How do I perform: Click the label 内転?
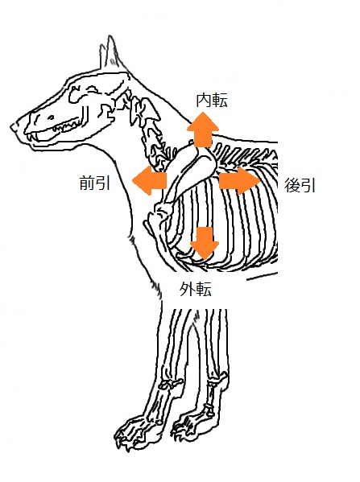[x=212, y=100]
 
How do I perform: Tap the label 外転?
[x=196, y=289]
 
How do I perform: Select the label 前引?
[x=95, y=183]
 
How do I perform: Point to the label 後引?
[x=300, y=185]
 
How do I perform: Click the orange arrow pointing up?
[x=203, y=129]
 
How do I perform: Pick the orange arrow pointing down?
[x=205, y=243]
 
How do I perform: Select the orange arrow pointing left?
[x=150, y=180]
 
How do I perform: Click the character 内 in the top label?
[x=204, y=100]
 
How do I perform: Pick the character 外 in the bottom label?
[x=188, y=289]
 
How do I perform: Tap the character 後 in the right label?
[x=292, y=185]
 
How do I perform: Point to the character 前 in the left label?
[x=87, y=183]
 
